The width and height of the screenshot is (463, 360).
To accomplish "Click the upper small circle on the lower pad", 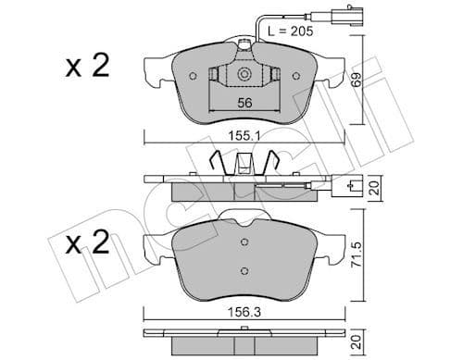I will pos(244,242).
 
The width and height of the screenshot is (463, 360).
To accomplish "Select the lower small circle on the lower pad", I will pos(244,270).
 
